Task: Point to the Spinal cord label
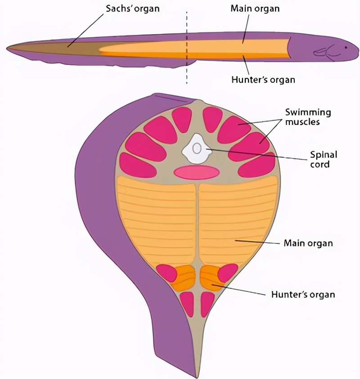tap(323, 159)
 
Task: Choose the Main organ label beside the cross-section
tap(308, 244)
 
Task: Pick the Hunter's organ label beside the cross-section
tap(303, 295)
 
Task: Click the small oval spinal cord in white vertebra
tap(197, 148)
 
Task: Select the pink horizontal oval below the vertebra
tap(197, 172)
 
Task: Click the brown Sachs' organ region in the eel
tap(67, 47)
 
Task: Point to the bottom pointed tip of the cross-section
tap(196, 376)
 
